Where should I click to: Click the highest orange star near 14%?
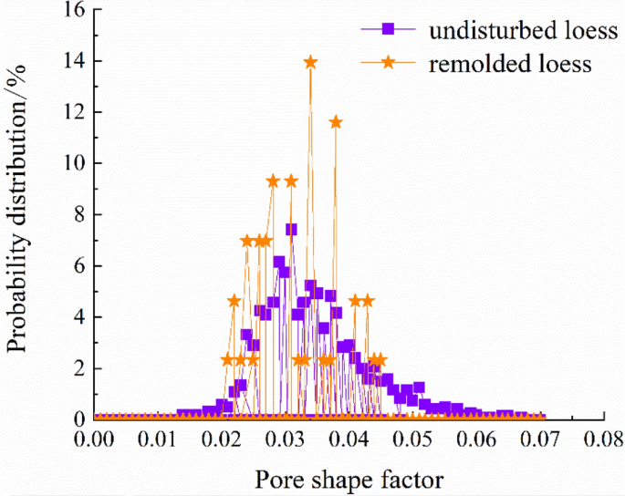tap(310, 62)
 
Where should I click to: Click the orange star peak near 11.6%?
tap(336, 122)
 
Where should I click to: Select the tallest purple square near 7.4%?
tap(291, 229)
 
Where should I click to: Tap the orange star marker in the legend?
tap(388, 63)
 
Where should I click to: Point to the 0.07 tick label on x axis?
tap(540, 441)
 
